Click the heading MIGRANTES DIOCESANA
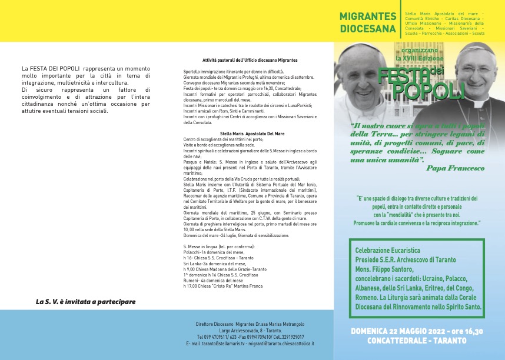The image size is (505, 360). click(367, 22)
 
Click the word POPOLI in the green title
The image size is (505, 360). click(428, 91)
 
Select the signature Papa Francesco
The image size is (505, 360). click(454, 168)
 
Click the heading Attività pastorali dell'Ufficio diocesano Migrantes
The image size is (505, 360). click(250, 60)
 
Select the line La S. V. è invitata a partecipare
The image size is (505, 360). click(86, 302)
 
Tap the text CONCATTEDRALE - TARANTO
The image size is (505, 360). click(418, 341)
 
